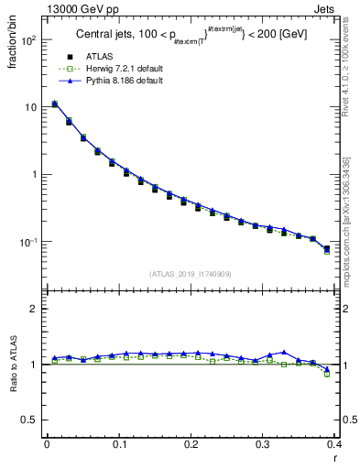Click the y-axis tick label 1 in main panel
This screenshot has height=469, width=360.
[x=35, y=175]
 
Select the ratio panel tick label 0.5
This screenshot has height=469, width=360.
[x=31, y=420]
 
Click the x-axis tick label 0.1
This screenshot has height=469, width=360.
[x=119, y=444]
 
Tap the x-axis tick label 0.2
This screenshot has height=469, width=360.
[x=191, y=444]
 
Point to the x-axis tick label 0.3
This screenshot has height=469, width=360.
[x=262, y=444]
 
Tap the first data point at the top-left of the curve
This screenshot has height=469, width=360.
[x=54, y=104]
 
